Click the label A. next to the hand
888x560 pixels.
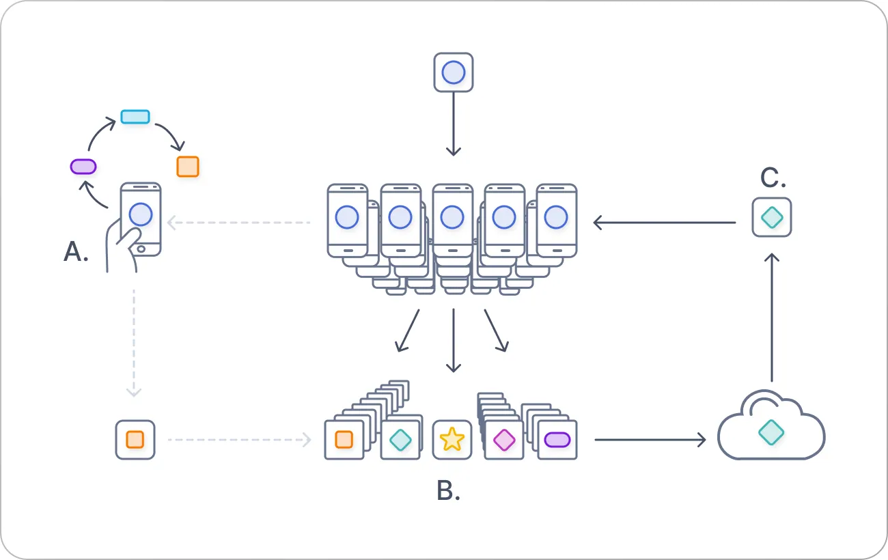pos(76,253)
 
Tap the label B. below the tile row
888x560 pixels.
pos(448,490)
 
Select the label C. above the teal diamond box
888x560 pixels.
pos(773,178)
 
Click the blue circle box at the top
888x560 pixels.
pos(454,72)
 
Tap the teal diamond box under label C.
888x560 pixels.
pos(772,217)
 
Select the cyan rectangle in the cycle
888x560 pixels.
pos(135,117)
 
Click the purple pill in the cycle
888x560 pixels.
pos(83,166)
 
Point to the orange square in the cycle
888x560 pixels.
pos(187,167)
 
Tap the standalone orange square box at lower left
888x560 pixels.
pos(135,440)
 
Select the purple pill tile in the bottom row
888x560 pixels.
pos(557,440)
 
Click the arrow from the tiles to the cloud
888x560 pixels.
pos(649,440)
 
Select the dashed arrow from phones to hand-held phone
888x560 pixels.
pos(239,222)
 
